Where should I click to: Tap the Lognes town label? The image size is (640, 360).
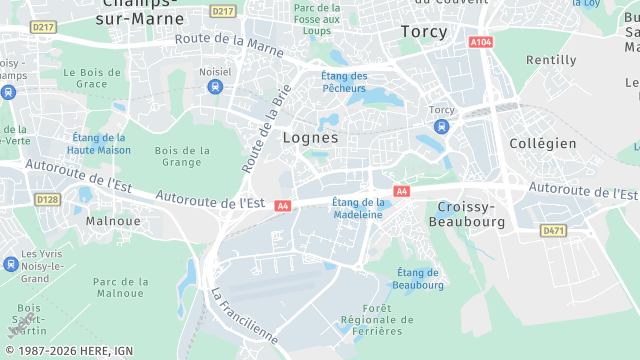[x=310, y=137]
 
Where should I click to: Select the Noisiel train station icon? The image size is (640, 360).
[x=215, y=86]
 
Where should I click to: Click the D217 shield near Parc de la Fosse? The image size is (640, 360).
[x=224, y=11]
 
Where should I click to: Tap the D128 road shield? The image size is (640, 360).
[x=47, y=199]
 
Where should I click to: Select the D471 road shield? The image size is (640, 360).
[x=553, y=230]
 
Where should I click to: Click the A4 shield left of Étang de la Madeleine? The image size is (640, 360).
[x=283, y=205]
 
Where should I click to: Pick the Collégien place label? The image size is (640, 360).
[x=543, y=143]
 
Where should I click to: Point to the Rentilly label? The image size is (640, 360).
[x=551, y=60]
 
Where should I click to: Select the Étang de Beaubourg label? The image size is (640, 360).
[x=418, y=278]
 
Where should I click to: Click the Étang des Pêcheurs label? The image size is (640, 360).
[x=344, y=82]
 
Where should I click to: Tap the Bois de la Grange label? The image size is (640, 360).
[x=183, y=156]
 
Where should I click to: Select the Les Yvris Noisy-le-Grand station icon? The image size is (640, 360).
[x=10, y=264]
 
